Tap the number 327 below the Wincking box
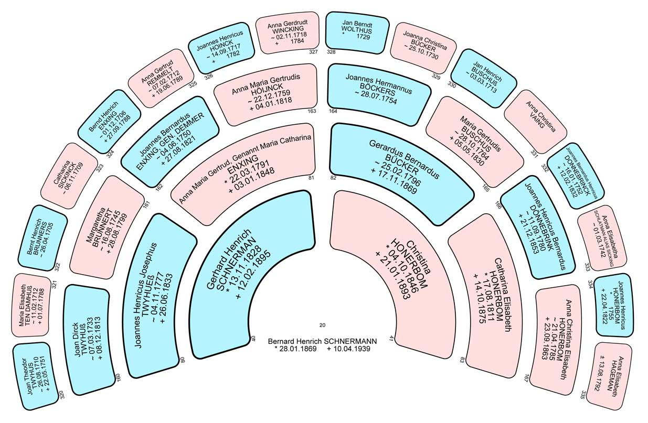313,52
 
